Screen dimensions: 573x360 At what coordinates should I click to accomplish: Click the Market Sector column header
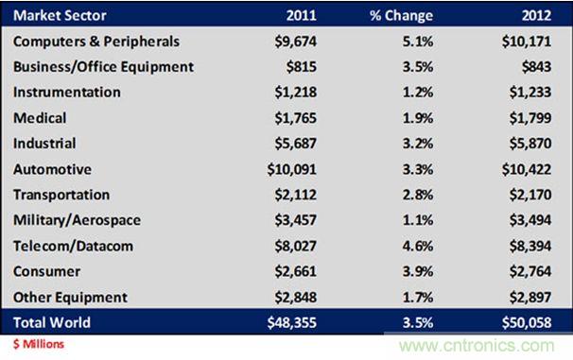(x=60, y=15)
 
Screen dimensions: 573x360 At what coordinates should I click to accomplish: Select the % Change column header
(x=401, y=15)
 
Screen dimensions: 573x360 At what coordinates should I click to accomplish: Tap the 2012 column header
(x=536, y=15)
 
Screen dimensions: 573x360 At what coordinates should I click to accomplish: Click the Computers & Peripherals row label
(x=96, y=42)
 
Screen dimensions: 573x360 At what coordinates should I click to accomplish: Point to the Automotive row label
(x=52, y=169)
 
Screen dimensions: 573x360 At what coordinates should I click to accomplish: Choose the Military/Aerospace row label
(x=77, y=220)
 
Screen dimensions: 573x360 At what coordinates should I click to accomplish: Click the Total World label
(x=51, y=322)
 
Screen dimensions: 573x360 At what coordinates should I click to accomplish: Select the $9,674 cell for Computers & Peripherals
(x=296, y=42)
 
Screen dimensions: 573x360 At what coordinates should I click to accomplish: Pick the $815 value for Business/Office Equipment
(x=301, y=67)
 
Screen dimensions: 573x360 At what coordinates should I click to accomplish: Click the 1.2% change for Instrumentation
(x=418, y=93)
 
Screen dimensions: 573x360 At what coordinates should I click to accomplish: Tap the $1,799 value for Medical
(x=530, y=118)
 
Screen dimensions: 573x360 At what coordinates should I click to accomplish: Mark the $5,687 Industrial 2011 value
(x=296, y=144)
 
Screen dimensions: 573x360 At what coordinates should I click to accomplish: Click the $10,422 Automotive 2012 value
(x=527, y=169)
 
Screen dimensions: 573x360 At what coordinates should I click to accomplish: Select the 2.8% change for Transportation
(x=418, y=195)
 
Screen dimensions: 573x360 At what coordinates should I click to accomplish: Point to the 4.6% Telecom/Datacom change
(x=418, y=246)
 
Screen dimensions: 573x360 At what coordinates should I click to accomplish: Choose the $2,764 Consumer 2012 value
(x=530, y=271)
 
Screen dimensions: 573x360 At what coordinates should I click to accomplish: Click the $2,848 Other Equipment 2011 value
(x=296, y=298)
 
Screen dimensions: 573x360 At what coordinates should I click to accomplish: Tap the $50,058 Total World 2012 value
(x=527, y=322)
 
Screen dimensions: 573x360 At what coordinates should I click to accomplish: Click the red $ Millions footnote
(x=39, y=344)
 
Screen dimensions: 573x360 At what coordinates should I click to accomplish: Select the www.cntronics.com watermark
(x=477, y=346)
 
